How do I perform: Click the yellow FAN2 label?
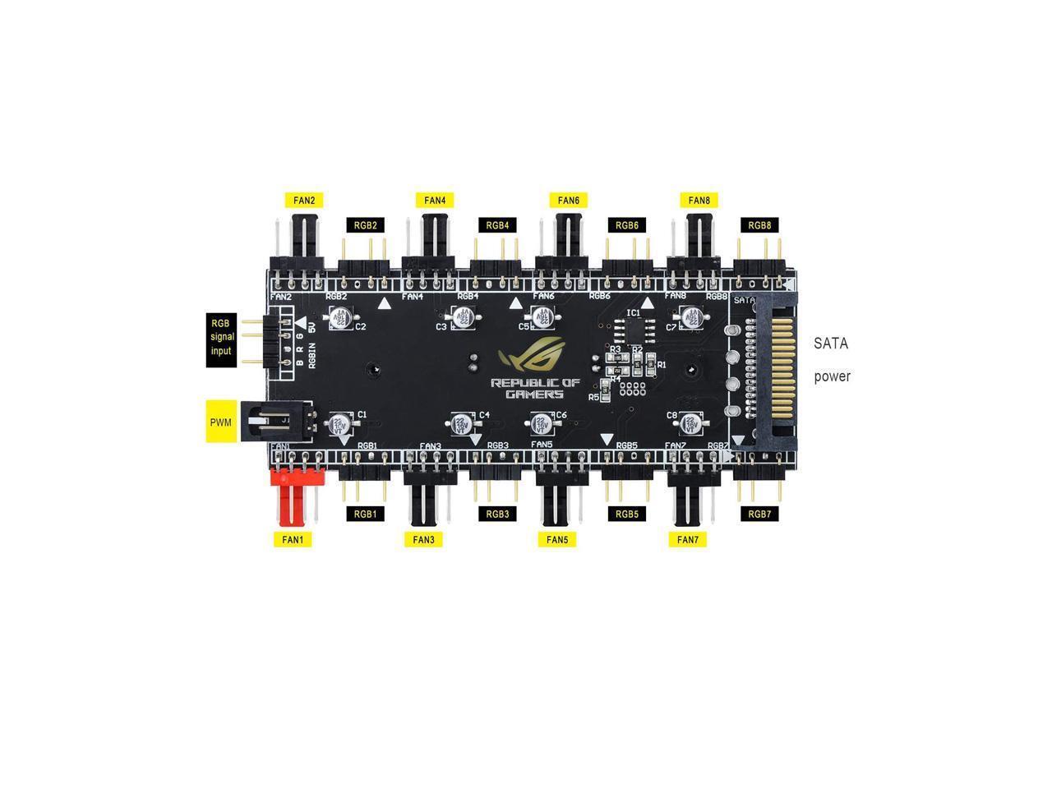pyautogui.click(x=303, y=200)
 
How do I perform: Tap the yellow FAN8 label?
pyautogui.click(x=699, y=200)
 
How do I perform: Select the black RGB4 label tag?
pyautogui.click(x=497, y=224)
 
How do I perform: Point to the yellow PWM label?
pyautogui.click(x=220, y=422)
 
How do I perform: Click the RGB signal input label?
pyautogui.click(x=221, y=337)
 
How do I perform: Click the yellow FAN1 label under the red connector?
pyautogui.click(x=293, y=539)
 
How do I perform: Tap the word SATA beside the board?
pyautogui.click(x=830, y=344)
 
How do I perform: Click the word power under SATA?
pyautogui.click(x=832, y=377)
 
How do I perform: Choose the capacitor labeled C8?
pyautogui.click(x=690, y=423)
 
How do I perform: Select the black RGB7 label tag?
pyautogui.click(x=759, y=514)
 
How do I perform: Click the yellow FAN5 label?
pyautogui.click(x=556, y=539)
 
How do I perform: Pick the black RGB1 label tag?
pyautogui.click(x=365, y=514)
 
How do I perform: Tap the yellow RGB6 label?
pyautogui.click(x=626, y=224)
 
